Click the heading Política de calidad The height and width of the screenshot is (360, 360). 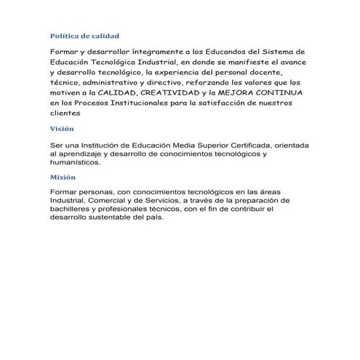click(x=84, y=36)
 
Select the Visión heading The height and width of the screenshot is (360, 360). click(x=63, y=127)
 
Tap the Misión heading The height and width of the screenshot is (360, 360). click(x=63, y=177)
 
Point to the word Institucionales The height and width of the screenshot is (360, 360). click(x=139, y=103)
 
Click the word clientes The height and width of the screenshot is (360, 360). click(x=66, y=113)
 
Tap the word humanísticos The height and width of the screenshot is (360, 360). click(x=76, y=163)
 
